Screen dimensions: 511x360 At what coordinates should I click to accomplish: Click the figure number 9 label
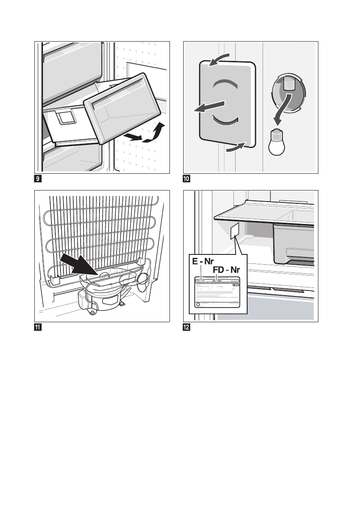(38, 178)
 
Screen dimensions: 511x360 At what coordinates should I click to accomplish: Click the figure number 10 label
(187, 178)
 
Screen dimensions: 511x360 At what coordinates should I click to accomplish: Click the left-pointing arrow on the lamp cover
(209, 108)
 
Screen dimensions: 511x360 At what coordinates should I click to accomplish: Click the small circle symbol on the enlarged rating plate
(198, 305)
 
